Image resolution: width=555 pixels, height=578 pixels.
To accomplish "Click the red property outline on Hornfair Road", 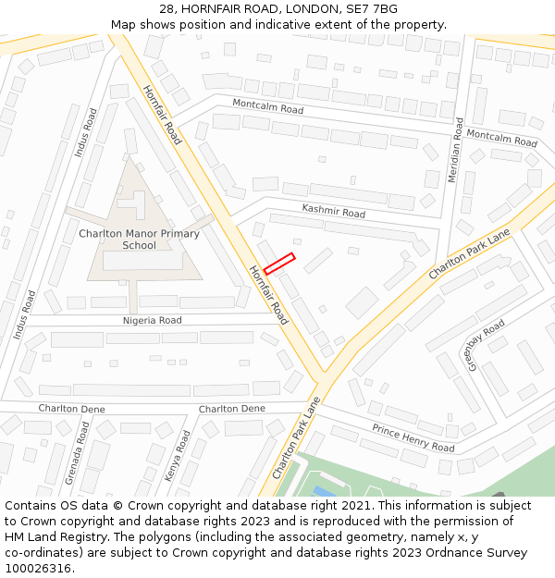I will coord(278,264).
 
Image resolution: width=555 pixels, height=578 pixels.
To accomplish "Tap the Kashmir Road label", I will coord(333,212).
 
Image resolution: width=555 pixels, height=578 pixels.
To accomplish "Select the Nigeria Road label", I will coord(153,321).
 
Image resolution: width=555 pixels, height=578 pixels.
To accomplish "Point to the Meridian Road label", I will coord(455,149).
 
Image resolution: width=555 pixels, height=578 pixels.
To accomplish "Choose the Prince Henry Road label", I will coord(413,437).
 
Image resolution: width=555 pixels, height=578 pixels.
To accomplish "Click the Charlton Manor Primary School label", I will coord(139,240).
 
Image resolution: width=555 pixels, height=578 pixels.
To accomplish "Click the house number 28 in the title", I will coord(166,9).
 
